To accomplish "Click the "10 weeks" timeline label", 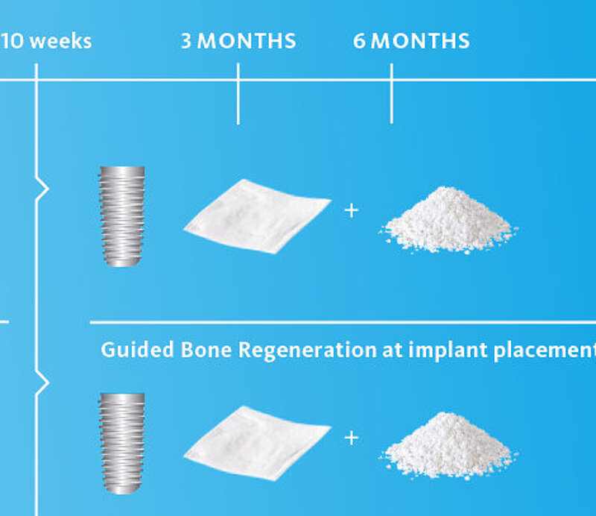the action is click(x=45, y=41).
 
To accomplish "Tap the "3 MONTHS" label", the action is click(x=238, y=41).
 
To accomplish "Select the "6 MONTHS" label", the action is click(x=411, y=41).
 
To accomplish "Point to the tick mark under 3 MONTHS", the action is click(x=238, y=94).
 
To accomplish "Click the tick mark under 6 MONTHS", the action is click(x=392, y=94).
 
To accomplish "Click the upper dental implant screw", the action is click(x=122, y=216).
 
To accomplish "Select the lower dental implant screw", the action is click(x=121, y=444).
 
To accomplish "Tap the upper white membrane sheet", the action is click(x=256, y=216).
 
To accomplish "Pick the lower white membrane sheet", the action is click(x=256, y=444).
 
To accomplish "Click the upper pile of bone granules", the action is click(x=448, y=221).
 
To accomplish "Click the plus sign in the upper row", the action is click(x=352, y=210).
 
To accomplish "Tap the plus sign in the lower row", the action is click(x=352, y=438).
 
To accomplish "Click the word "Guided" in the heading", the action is click(x=138, y=350).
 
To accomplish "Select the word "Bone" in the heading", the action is click(x=206, y=350).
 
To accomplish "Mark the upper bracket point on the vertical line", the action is click(x=48, y=189).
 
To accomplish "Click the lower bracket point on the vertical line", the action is click(x=48, y=382).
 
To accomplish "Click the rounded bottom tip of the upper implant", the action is click(x=122, y=265).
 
